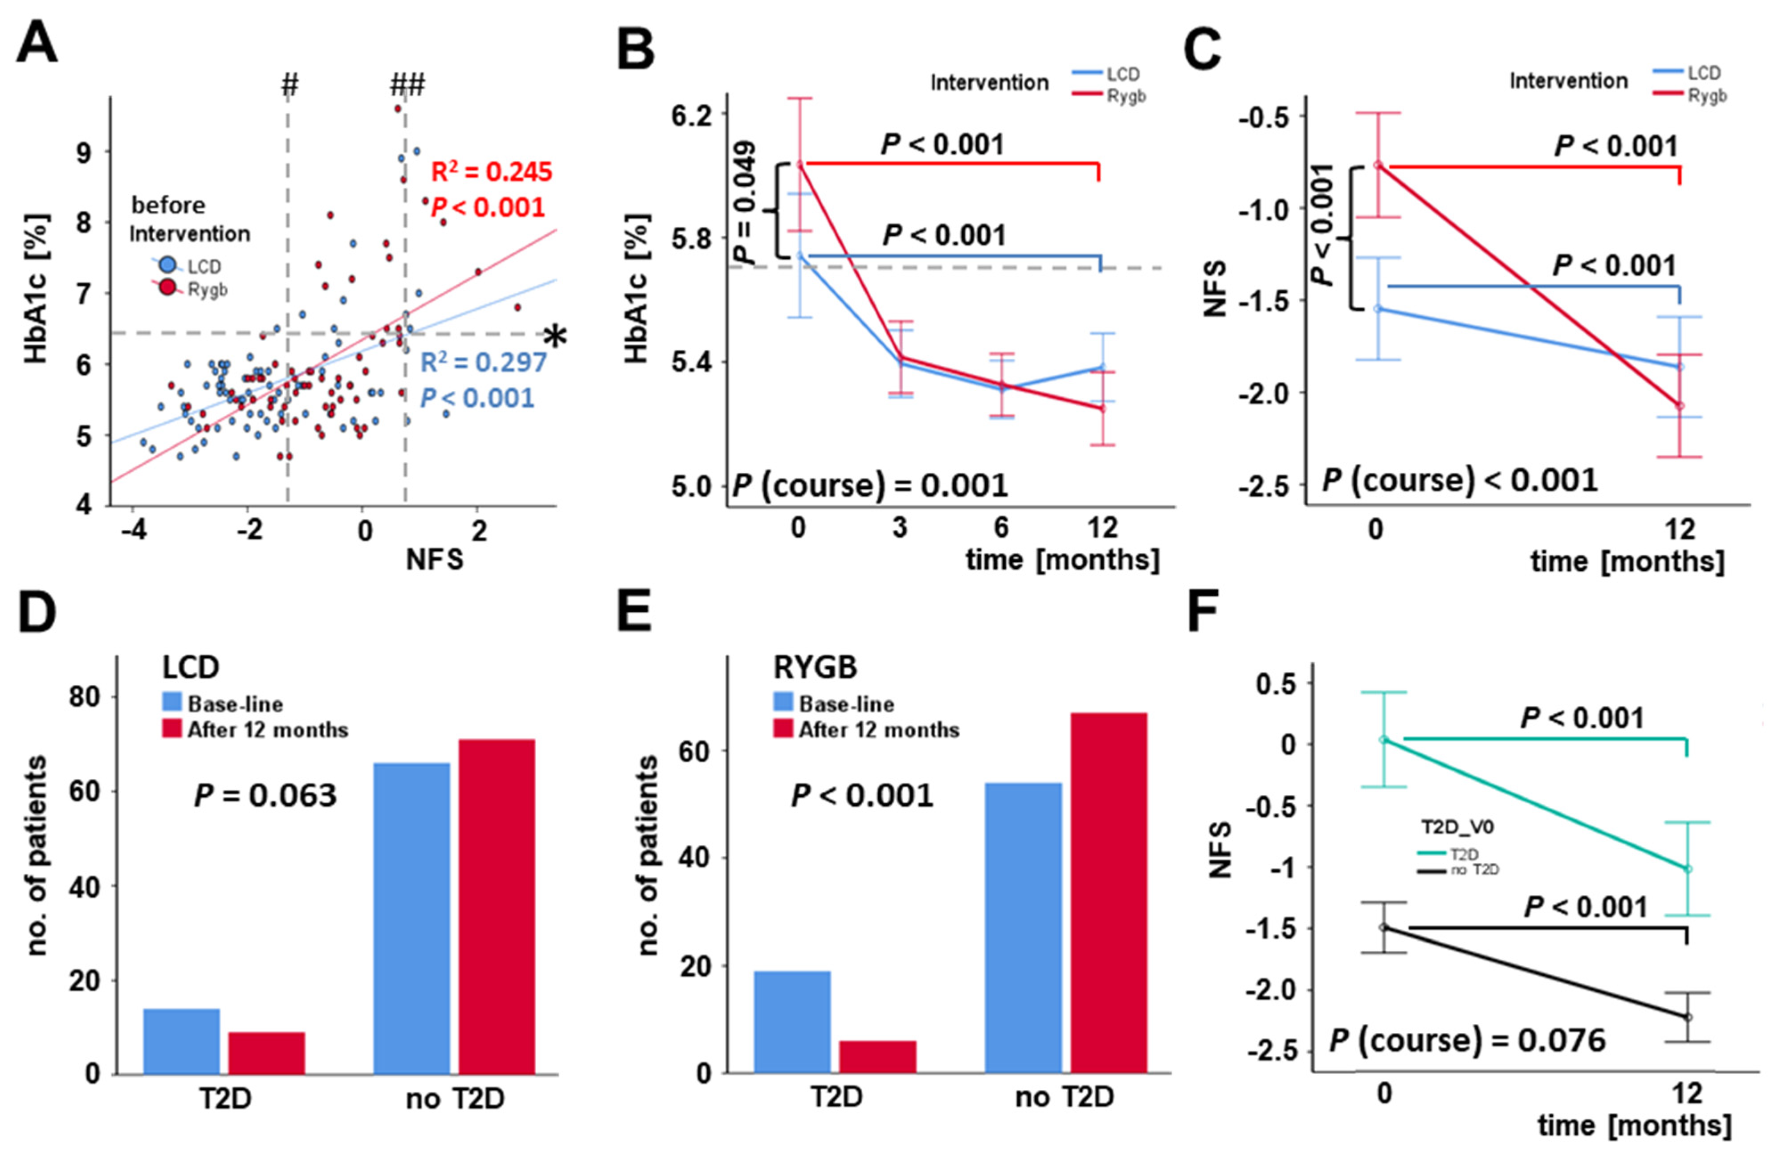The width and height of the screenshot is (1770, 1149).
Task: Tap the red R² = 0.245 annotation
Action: tap(492, 172)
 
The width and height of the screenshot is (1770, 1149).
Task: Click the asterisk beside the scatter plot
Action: tap(555, 337)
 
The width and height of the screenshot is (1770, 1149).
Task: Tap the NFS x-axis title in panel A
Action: tap(435, 559)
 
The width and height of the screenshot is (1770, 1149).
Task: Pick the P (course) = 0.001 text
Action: tap(870, 486)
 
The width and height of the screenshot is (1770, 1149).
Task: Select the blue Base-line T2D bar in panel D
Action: tap(181, 1041)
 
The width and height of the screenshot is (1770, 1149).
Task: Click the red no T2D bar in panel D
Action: tap(497, 907)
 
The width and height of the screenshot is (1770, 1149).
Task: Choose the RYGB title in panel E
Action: tap(815, 667)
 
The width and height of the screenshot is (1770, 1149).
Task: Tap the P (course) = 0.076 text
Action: tap(1467, 1040)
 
